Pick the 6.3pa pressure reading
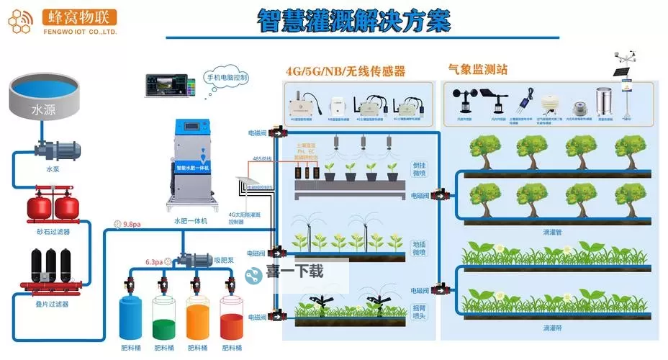[x=154, y=262]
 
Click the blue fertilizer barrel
[x=133, y=316]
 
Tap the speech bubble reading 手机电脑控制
[x=227, y=77]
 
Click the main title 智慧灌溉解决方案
[x=353, y=21]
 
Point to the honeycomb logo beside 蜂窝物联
[x=22, y=20]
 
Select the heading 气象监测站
[x=477, y=70]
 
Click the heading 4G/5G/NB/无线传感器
[x=346, y=71]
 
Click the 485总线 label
[x=261, y=158]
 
